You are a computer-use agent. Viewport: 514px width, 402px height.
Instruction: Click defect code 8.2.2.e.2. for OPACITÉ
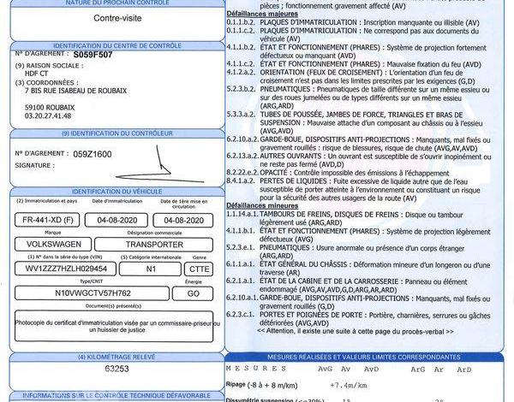click(x=243, y=170)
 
